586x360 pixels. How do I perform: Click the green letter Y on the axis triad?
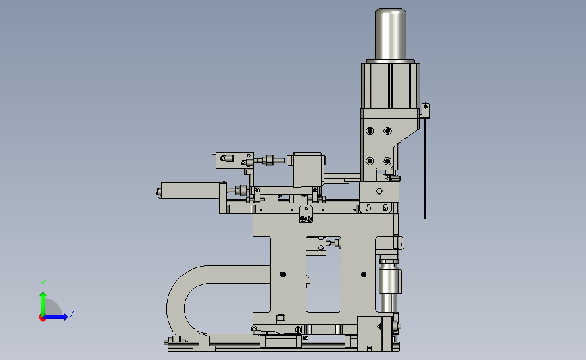pos(43,284)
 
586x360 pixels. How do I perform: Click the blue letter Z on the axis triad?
pos(72,313)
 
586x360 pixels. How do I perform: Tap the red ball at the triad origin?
pos(42,318)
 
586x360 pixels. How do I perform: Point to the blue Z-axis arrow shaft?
pos(54,317)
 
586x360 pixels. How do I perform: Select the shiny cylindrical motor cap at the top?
pos(391,34)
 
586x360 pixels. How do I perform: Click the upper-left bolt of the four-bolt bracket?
pos(370,131)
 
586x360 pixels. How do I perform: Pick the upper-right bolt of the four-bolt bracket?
pos(387,131)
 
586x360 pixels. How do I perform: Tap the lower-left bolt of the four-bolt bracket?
pos(370,161)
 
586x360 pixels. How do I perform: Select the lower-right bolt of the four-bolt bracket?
pos(387,161)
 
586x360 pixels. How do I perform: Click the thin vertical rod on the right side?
pos(425,168)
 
